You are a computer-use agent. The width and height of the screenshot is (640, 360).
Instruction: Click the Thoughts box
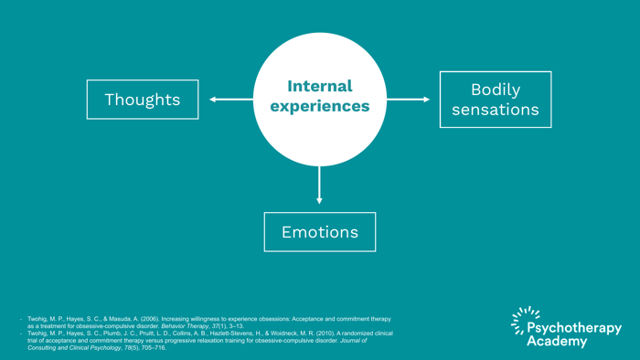point(142,100)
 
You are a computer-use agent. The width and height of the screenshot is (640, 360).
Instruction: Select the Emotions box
point(319,232)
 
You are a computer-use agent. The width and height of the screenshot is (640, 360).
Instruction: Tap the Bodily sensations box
point(496,100)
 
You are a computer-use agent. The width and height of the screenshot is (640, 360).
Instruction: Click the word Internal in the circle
point(319,87)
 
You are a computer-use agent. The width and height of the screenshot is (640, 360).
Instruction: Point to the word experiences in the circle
point(319,107)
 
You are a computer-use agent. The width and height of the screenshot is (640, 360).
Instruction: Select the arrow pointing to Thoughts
point(231,100)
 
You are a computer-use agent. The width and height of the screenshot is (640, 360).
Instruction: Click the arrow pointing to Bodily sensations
point(408,100)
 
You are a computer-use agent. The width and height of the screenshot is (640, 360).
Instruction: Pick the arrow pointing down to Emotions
point(319,185)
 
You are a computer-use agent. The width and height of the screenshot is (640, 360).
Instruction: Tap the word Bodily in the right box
point(496,90)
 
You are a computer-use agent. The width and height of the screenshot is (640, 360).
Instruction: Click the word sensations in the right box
point(496,110)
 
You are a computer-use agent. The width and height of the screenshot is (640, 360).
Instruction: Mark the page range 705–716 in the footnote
point(153,348)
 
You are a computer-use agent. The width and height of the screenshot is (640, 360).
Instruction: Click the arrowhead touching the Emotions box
point(319,200)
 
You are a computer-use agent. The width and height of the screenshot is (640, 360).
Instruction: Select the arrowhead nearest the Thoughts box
point(213,100)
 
